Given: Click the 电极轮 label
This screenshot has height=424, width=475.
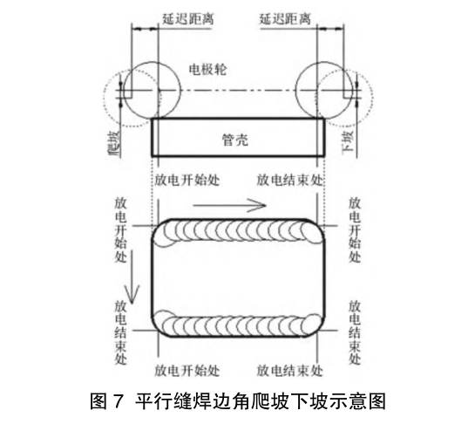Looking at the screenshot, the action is click(207, 70).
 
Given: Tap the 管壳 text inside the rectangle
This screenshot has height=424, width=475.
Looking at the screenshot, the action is click(235, 140).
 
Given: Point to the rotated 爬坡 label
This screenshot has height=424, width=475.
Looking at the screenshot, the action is click(115, 143).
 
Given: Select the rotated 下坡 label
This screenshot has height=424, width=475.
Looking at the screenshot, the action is click(348, 142).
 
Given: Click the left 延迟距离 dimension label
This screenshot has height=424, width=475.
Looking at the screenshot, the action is click(187, 19).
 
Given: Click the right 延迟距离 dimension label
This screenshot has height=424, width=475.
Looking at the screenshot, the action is click(285, 19).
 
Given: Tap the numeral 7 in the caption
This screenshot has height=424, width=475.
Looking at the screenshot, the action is click(119, 401).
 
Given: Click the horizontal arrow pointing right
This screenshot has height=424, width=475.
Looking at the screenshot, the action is click(229, 205).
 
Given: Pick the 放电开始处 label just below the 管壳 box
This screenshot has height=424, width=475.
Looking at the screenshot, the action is click(187, 181).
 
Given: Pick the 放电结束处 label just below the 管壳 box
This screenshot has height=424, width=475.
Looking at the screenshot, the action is click(289, 180).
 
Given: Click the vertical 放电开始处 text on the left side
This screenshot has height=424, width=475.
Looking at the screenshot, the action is click(120, 230).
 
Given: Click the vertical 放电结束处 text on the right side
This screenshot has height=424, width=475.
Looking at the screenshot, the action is click(354, 332).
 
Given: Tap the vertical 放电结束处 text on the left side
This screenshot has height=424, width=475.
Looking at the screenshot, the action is click(120, 332).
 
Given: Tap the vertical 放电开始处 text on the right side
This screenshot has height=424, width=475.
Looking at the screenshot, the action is click(354, 230).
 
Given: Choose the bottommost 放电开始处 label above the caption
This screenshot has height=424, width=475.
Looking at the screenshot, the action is click(187, 371).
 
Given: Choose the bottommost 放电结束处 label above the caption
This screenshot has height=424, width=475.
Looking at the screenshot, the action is click(289, 371).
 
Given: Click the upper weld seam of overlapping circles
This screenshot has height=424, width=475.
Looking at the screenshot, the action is click(238, 231).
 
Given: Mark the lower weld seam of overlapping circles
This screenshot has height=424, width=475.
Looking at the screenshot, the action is click(238, 324).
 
